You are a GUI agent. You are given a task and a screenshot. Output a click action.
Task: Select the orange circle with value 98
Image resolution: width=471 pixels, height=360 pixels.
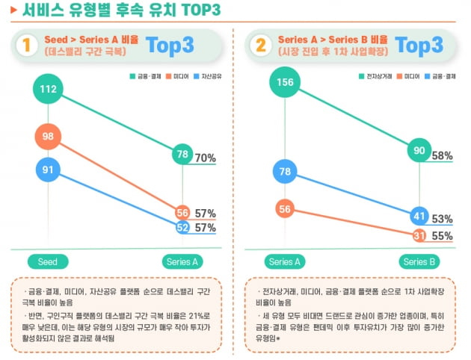pyautogui.click(x=49, y=136)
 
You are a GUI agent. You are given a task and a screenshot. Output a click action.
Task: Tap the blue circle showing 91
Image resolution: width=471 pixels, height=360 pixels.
pyautogui.click(x=49, y=170)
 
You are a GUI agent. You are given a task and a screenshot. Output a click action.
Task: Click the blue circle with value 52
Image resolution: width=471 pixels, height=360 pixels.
pyautogui.click(x=182, y=228)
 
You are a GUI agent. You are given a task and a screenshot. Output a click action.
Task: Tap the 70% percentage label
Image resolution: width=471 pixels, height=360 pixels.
pyautogui.click(x=205, y=158)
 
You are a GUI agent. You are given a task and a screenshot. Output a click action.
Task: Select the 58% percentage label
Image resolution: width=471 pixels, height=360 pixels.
pyautogui.click(x=442, y=156)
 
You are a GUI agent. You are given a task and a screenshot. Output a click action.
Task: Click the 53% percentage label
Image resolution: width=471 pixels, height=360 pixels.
pyautogui.click(x=442, y=219)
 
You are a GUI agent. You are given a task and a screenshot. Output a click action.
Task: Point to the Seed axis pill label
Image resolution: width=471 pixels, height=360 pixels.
pyautogui.click(x=49, y=261)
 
